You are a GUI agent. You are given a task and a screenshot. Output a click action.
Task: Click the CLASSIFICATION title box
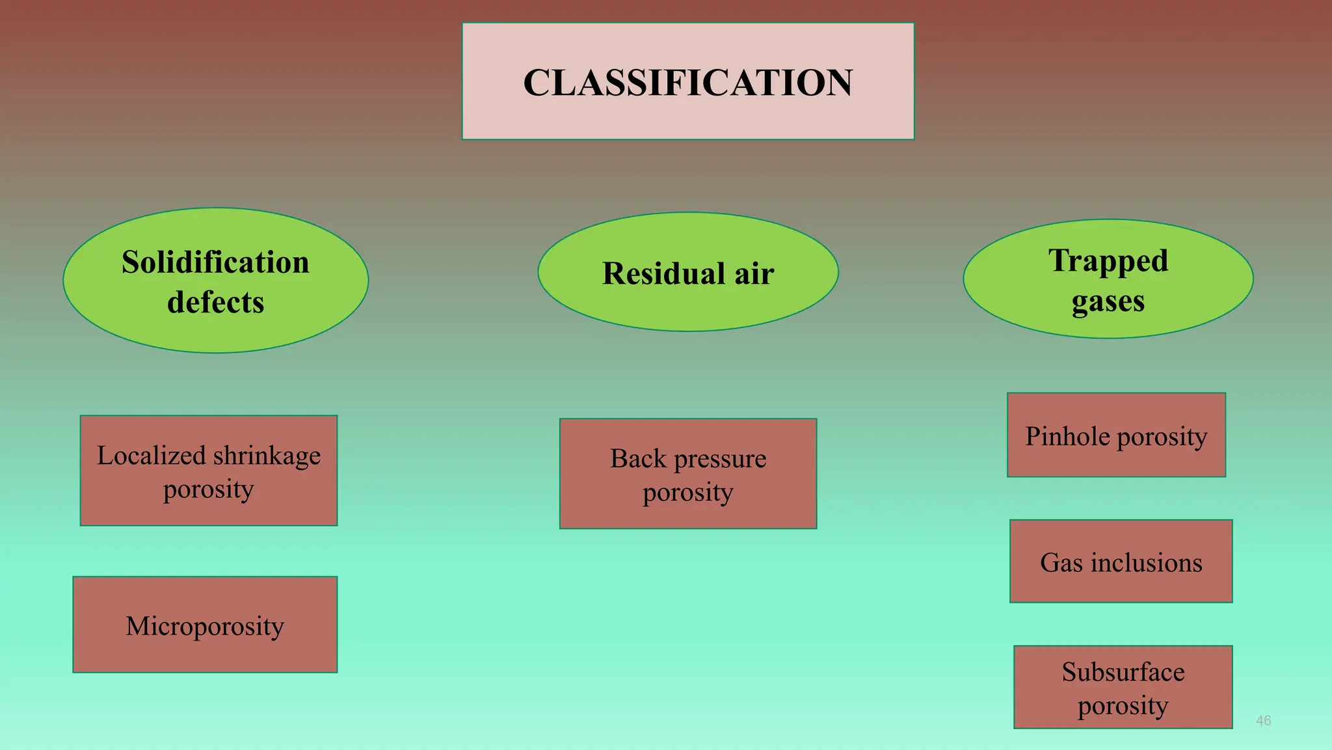tap(688, 81)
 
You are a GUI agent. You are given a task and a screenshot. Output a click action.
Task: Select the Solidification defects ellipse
tap(215, 281)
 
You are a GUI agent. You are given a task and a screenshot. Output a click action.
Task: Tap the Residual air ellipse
tap(688, 272)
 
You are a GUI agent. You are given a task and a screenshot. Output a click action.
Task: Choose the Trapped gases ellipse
tap(1108, 279)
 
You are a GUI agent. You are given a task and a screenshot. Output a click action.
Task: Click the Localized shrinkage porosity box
tap(209, 471)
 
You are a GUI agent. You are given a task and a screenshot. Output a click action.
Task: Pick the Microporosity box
tap(205, 625)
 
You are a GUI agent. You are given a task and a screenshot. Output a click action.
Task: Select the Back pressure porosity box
tap(688, 474)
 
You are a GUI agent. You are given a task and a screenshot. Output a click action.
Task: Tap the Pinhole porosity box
tap(1116, 435)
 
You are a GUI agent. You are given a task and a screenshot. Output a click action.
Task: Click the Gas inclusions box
tap(1121, 561)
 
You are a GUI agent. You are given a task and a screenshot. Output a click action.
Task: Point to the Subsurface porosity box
tap(1123, 687)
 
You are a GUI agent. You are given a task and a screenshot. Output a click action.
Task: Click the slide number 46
tap(1263, 721)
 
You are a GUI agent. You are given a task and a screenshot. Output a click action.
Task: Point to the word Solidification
tap(215, 262)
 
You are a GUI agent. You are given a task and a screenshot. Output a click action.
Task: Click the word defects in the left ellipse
tap(215, 302)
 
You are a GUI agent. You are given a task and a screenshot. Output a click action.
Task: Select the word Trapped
tap(1108, 260)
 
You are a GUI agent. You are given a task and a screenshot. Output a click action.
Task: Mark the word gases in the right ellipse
tap(1108, 301)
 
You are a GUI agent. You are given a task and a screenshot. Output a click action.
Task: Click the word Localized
tap(152, 456)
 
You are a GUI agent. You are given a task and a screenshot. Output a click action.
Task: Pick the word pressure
tap(720, 459)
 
